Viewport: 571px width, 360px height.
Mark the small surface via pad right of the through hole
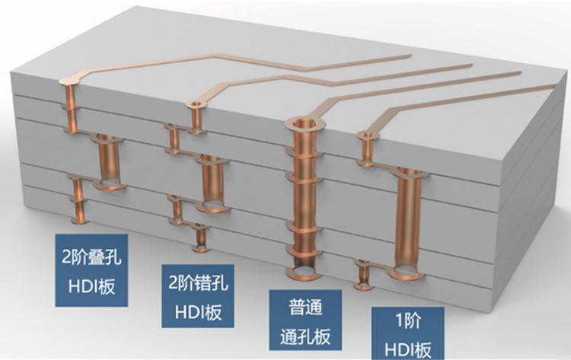(x=369, y=136)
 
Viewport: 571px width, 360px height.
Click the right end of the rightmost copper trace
(x=550, y=88)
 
